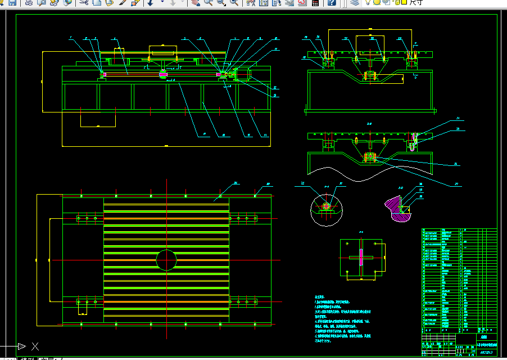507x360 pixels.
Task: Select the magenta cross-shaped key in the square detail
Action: click(360, 257)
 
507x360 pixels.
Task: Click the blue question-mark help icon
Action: click(332, 2)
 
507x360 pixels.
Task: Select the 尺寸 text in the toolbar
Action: click(416, 2)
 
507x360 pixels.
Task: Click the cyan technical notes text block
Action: click(343, 318)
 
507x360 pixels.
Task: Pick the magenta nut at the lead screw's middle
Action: click(163, 74)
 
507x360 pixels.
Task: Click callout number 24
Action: click(458, 119)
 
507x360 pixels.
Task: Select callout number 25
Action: click(458, 129)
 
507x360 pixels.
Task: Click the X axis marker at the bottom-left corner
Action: click(35, 346)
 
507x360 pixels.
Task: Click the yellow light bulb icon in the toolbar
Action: click(368, 2)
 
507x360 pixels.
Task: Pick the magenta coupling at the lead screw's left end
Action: click(103, 74)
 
